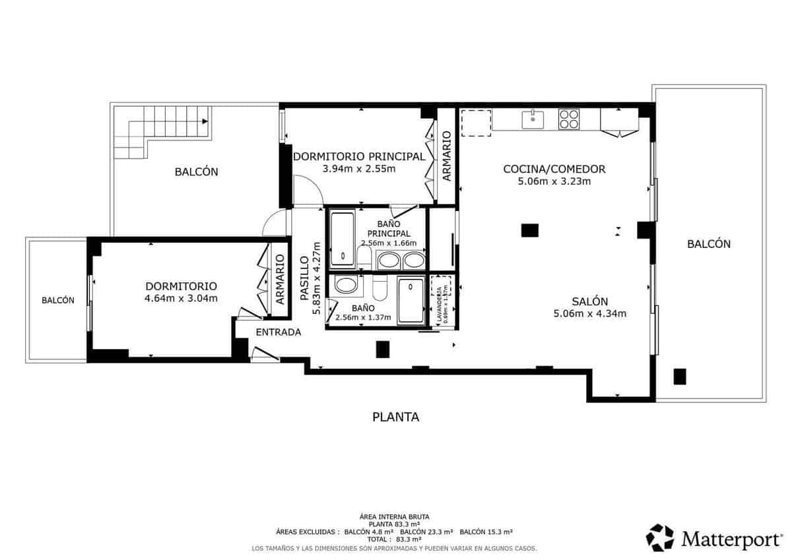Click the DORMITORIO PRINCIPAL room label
click(358, 156)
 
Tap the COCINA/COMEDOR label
click(554, 169)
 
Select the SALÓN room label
click(590, 301)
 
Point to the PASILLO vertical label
click(304, 279)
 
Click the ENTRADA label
click(278, 332)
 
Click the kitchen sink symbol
click(533, 120)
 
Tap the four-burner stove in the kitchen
click(569, 119)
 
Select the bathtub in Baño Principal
click(343, 237)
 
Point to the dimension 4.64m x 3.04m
click(181, 299)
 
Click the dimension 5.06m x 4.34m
click(590, 314)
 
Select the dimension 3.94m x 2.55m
click(358, 169)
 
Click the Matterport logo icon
click(659, 538)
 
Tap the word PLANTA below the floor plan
click(396, 417)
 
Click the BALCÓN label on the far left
click(57, 300)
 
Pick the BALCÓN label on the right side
click(709, 244)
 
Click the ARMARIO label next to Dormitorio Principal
click(446, 156)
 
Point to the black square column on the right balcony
click(680, 376)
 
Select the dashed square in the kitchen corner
click(476, 123)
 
